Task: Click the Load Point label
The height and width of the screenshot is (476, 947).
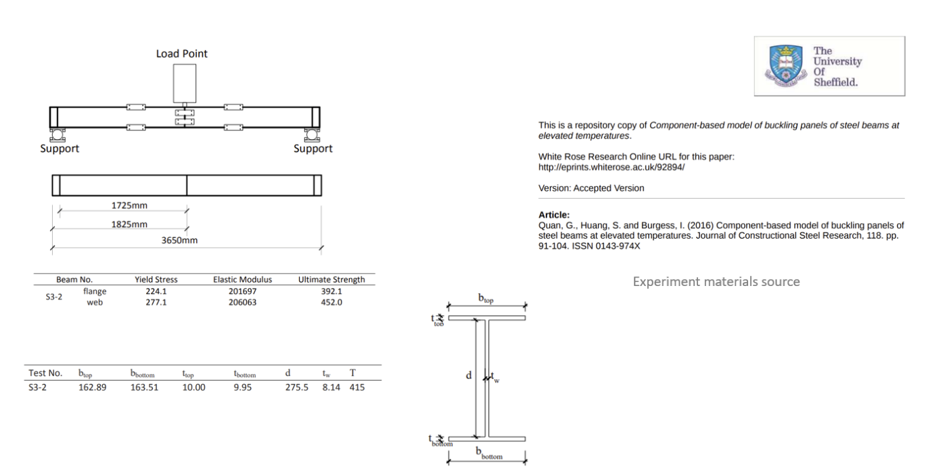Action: (182, 53)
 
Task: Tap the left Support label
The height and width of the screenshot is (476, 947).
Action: (60, 149)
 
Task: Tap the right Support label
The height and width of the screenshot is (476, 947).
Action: (313, 149)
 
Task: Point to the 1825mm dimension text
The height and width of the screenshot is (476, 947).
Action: (129, 224)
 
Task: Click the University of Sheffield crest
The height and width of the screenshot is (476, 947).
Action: (785, 66)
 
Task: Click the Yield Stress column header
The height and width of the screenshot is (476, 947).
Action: (156, 279)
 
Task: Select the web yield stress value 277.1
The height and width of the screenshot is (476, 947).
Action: (156, 302)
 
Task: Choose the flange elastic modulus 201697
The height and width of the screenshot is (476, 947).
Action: (243, 291)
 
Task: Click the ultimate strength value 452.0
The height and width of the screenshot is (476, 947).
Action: (331, 302)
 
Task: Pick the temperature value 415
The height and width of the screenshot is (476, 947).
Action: (356, 388)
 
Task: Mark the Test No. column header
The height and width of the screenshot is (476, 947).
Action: (45, 373)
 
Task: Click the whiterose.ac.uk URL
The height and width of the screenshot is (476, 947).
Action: (611, 166)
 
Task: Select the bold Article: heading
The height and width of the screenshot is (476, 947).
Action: (554, 214)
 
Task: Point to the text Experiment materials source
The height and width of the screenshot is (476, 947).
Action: (716, 281)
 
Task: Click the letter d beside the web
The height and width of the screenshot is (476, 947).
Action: (469, 375)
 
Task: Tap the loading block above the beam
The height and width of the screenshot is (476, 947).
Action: (185, 83)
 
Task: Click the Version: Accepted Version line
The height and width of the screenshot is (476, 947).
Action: (591, 189)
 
